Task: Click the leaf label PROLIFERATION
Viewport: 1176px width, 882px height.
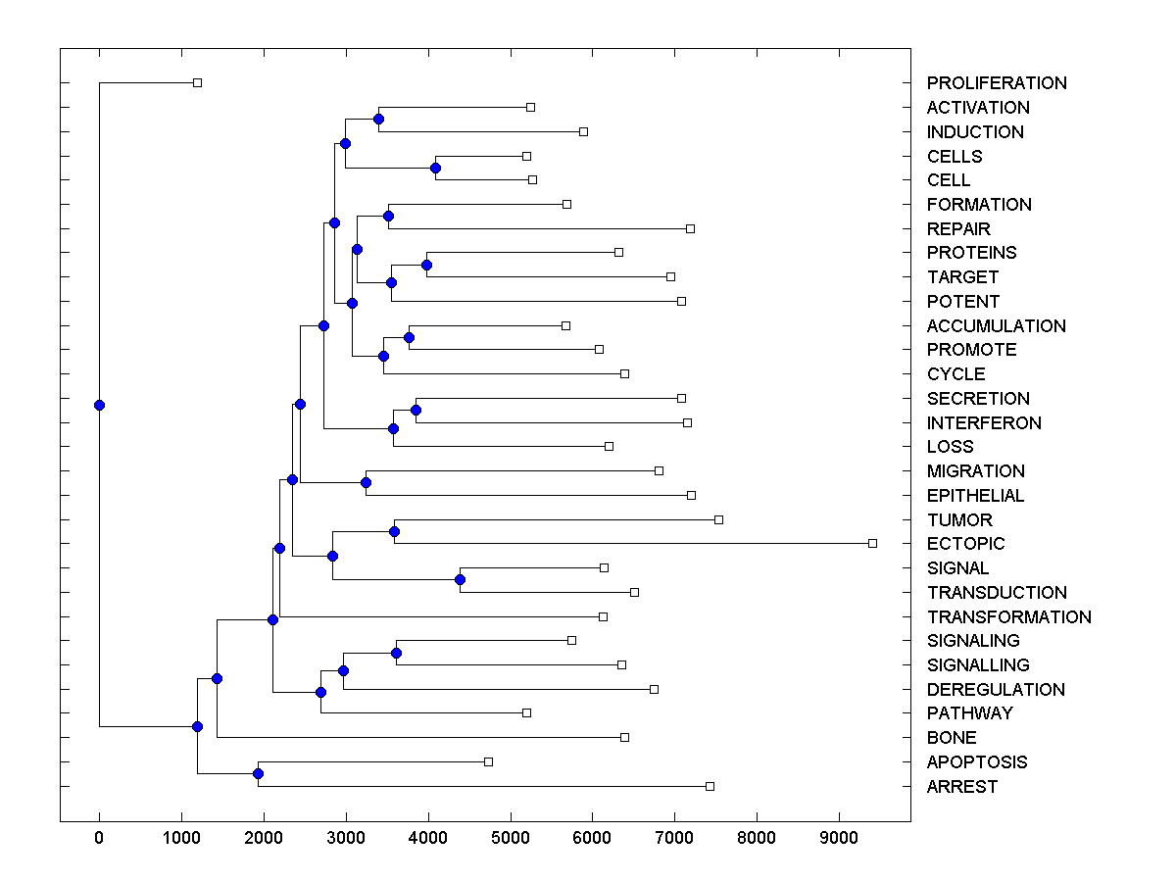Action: tap(997, 83)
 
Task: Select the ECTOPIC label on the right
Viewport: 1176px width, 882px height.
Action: tap(965, 544)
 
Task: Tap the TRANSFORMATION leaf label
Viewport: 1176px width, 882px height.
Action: tap(1008, 616)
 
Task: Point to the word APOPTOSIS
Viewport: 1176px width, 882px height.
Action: tap(977, 762)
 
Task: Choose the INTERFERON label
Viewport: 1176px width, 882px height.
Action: tap(984, 423)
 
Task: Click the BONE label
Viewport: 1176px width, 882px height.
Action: tap(951, 738)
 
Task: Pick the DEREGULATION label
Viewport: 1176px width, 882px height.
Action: tap(996, 690)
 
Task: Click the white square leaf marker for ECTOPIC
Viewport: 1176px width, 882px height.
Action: tap(872, 543)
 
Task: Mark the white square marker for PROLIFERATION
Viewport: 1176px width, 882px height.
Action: tap(197, 82)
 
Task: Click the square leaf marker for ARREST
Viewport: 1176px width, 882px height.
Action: tap(710, 786)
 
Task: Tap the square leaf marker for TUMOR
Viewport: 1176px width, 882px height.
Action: tap(718, 519)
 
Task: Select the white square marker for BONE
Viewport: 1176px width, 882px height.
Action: tap(624, 737)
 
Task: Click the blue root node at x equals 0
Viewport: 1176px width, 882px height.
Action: tap(99, 405)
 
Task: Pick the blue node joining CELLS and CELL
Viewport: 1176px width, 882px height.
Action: tap(435, 168)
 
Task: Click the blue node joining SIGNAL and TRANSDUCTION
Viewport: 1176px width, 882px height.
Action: tap(460, 579)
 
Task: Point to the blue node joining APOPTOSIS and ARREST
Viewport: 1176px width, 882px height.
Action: tap(258, 773)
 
